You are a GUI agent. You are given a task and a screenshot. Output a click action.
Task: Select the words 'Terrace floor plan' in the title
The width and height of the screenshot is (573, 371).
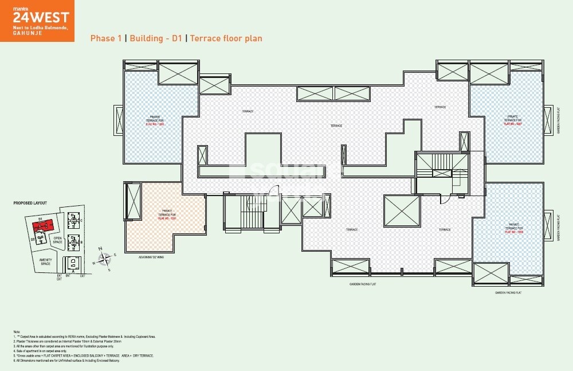point(226,38)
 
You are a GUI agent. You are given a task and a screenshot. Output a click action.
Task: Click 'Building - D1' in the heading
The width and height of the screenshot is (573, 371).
point(155,38)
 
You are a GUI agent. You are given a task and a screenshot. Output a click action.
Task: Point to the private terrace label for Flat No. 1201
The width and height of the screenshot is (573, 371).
point(167,214)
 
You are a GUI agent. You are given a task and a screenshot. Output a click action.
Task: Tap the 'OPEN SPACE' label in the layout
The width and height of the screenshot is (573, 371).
point(58,239)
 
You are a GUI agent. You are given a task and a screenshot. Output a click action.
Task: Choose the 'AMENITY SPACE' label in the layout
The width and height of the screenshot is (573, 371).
point(45,262)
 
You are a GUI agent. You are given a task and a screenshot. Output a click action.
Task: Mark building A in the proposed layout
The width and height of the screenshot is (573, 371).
point(73,265)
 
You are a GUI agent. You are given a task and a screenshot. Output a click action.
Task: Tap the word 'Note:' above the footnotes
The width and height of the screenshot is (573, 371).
point(16,332)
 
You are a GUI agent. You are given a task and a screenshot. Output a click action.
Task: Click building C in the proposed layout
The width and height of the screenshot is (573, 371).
point(73,220)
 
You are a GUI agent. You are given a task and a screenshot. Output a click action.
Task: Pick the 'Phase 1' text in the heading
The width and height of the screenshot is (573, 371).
point(106,38)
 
